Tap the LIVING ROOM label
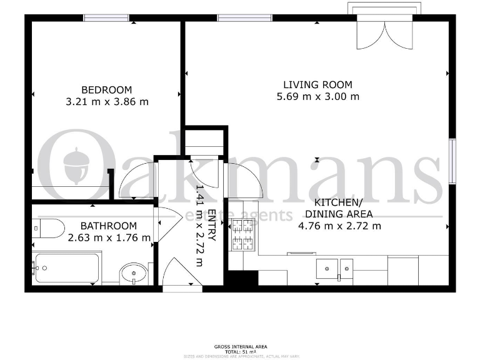pyautogui.click(x=317, y=84)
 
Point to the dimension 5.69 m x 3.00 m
pyautogui.click(x=317, y=96)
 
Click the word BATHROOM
pyautogui.click(x=109, y=226)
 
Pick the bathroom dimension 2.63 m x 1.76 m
pyautogui.click(x=109, y=237)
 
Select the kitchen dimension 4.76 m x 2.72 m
pyautogui.click(x=338, y=226)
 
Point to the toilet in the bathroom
pyautogui.click(x=49, y=228)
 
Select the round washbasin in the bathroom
pyautogui.click(x=132, y=272)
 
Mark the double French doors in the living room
pyautogui.click(x=380, y=31)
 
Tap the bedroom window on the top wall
pyautogui.click(x=107, y=18)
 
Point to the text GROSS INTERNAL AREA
pyautogui.click(x=241, y=346)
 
